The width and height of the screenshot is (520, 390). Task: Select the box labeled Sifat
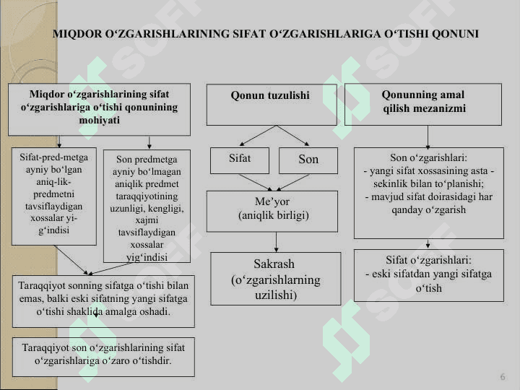240,160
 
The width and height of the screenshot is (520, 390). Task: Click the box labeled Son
308,160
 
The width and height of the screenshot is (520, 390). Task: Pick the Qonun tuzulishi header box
272,105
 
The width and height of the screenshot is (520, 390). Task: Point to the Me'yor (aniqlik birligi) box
272,211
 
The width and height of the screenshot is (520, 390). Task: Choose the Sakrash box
276,279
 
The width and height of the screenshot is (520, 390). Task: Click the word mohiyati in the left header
99,120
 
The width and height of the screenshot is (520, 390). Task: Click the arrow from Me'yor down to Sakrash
276,242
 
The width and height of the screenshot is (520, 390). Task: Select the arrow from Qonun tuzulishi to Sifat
258,136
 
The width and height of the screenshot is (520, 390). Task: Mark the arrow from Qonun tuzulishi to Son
293,136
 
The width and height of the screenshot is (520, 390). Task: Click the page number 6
503,377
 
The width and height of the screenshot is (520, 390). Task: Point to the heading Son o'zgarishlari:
428,157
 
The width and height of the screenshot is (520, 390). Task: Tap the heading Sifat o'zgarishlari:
428,260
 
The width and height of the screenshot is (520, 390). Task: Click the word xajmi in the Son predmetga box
147,220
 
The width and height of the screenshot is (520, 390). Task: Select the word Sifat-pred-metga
53,157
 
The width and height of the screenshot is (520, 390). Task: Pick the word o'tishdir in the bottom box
152,360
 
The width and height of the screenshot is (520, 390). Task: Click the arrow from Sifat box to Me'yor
256,183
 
